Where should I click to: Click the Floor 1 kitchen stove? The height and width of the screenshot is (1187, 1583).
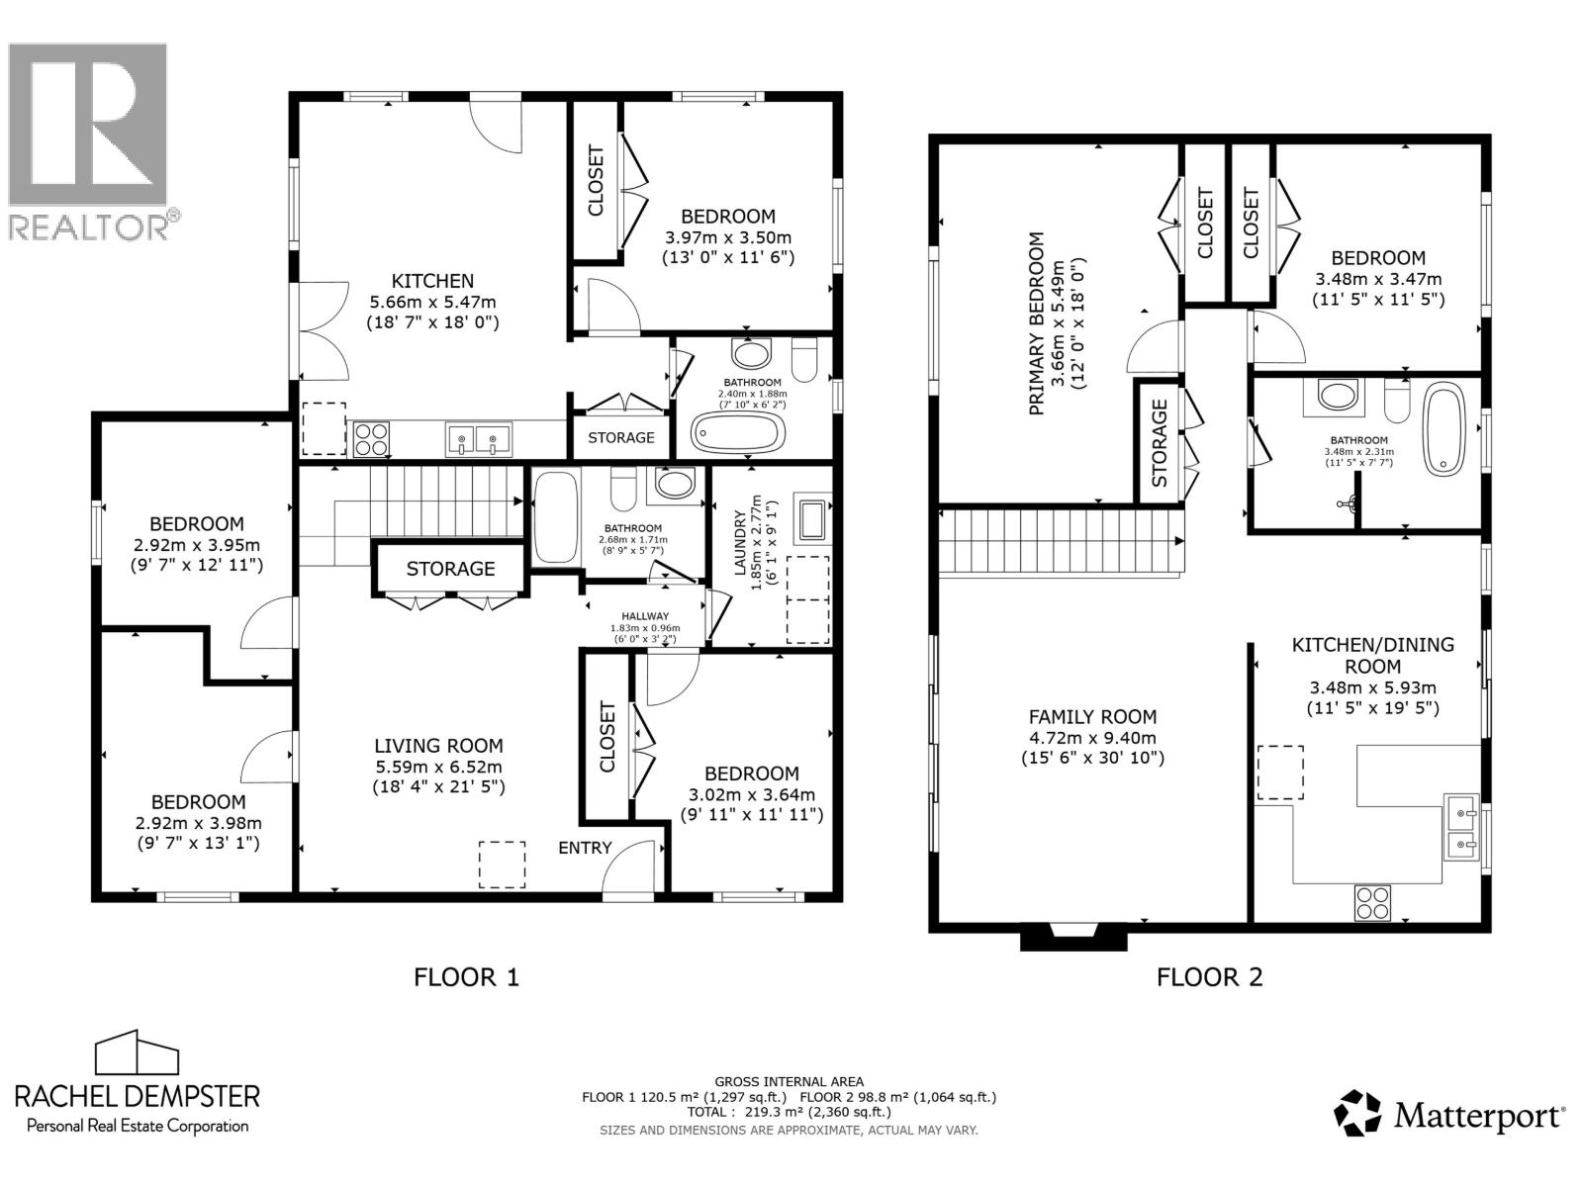tap(371, 438)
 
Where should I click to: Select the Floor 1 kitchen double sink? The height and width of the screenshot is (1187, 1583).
tap(478, 438)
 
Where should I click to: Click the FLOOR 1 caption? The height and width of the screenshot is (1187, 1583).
tap(466, 977)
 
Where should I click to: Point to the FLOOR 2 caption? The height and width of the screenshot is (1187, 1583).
tap(1209, 977)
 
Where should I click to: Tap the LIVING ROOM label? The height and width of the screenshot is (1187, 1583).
tap(438, 747)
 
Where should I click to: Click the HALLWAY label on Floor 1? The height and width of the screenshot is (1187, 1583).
tap(645, 616)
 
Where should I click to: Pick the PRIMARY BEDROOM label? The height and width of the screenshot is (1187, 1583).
tap(1036, 323)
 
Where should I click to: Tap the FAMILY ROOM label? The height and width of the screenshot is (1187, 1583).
tap(1092, 717)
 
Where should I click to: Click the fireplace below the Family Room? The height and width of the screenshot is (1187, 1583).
tap(1072, 936)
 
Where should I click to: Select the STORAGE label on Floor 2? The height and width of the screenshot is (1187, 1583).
tap(1159, 443)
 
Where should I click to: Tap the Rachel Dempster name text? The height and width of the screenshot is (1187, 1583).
tap(137, 1095)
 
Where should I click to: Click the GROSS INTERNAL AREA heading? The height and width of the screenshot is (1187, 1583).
tap(789, 1081)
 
